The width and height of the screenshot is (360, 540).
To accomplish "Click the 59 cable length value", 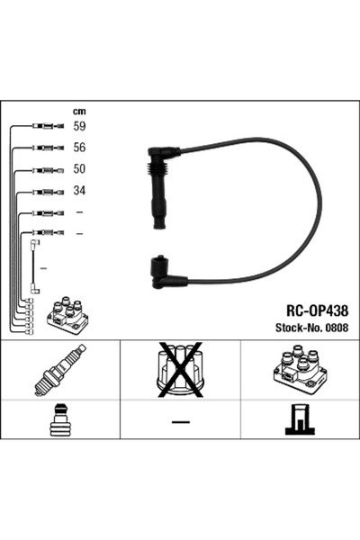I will coord(79,127).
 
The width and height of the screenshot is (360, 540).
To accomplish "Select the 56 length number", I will coord(79,148).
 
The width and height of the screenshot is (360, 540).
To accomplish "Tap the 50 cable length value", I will coord(79,169).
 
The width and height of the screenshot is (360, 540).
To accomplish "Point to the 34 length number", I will coord(79,191).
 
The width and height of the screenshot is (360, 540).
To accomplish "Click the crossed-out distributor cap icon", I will coord(181,370).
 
